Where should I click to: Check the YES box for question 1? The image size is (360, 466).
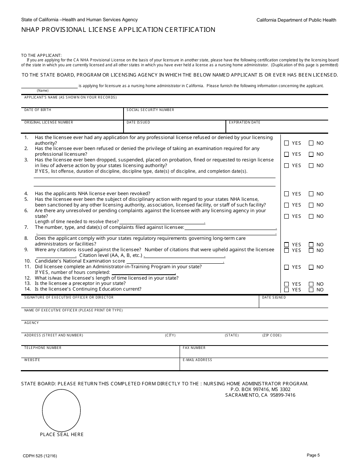(x=286, y=143)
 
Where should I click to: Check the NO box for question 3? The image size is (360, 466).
(x=311, y=166)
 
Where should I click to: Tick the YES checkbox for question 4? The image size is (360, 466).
(x=286, y=194)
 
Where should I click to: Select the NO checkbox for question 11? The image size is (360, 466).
(x=311, y=267)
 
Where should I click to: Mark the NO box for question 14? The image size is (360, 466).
(x=311, y=290)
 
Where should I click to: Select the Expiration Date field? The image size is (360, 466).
(x=277, y=127)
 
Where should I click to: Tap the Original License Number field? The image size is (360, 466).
(x=72, y=127)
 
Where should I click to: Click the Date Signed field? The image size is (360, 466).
(x=293, y=303)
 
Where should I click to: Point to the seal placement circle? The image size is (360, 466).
(x=61, y=410)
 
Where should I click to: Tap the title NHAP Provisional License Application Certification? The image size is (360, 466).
(x=118, y=30)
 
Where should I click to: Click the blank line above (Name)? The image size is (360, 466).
(x=49, y=86)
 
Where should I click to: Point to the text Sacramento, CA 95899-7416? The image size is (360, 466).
(x=260, y=395)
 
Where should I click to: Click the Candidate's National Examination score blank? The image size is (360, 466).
(x=175, y=261)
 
